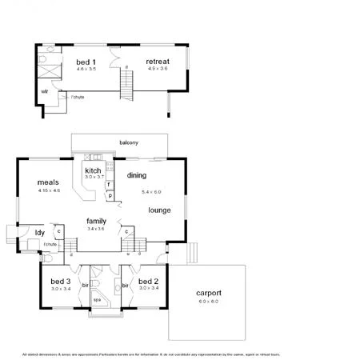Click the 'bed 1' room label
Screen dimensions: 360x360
point(86,62)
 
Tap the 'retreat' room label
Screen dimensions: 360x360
point(157,62)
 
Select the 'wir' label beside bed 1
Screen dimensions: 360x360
point(46,92)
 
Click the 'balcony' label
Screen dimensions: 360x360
point(129,142)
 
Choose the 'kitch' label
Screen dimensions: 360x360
point(93,170)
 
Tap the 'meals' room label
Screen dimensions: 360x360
point(48,182)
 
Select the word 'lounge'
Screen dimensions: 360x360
point(158,210)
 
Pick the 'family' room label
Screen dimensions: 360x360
point(97,221)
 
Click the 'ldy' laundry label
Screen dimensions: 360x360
point(39,233)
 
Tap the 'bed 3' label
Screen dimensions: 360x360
point(61,282)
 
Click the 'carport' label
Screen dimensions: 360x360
point(209,293)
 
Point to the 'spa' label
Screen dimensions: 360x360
point(97,301)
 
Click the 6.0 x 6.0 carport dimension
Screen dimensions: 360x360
point(209,302)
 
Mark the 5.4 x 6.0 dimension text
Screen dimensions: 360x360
point(151,192)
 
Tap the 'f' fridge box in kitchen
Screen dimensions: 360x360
point(108,184)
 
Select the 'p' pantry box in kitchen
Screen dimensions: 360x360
point(109,194)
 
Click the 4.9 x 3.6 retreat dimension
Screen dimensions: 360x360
point(157,69)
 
